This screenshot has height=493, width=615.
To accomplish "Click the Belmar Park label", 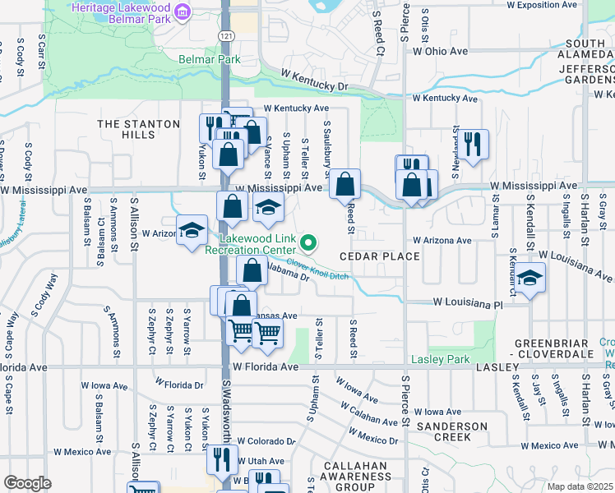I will [x=210, y=59].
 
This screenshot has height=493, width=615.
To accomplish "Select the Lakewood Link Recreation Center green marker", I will [x=308, y=242].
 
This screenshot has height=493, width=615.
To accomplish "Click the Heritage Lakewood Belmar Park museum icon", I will [x=183, y=12].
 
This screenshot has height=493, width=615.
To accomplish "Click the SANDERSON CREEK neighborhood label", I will [x=451, y=431].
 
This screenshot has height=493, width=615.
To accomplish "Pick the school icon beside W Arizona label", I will [x=192, y=230].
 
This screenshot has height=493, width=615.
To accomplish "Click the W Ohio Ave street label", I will [x=440, y=51].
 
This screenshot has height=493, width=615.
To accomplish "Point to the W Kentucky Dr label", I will [x=313, y=83].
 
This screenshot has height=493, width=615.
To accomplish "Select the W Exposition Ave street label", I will [x=544, y=5].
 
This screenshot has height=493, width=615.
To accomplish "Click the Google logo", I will [x=27, y=483].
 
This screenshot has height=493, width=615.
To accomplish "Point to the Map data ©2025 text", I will [x=580, y=486].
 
